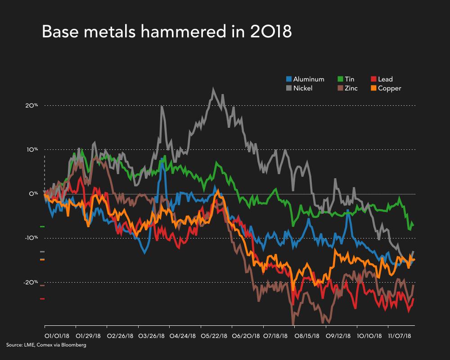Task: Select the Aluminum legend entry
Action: tap(305, 80)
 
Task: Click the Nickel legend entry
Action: tap(299, 88)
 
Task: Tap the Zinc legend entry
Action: tap(347, 88)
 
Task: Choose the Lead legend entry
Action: tap(382, 80)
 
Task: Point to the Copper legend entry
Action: tap(385, 88)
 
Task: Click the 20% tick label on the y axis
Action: tap(31, 106)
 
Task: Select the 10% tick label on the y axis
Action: tap(31, 150)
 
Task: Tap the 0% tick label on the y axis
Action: tap(33, 194)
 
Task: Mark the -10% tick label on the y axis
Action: tap(31, 238)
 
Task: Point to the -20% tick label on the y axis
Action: tap(31, 282)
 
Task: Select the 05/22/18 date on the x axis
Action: tap(213, 336)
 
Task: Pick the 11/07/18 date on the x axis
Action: tap(400, 336)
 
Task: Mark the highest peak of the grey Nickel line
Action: tap(213, 89)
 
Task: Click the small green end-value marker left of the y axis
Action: tap(42, 226)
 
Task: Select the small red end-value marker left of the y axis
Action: tap(42, 299)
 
